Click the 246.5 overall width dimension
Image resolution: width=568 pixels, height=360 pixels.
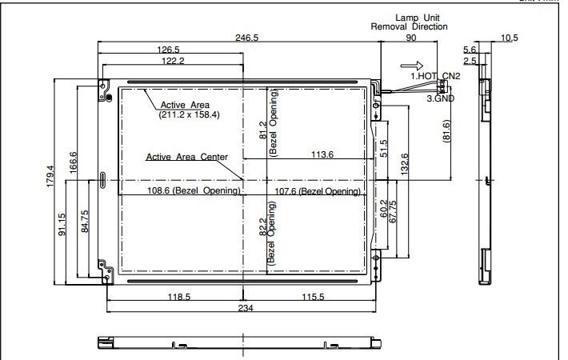coord(246,38)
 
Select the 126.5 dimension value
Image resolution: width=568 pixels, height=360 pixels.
coord(168,50)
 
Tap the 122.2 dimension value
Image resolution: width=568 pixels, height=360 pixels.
coord(173,61)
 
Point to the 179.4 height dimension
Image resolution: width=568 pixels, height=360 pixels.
coord(50,176)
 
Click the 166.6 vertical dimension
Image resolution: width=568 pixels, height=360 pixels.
coord(73,162)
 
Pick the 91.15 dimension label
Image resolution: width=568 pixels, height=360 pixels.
coord(62,225)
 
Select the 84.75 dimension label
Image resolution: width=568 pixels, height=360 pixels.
coord(85,222)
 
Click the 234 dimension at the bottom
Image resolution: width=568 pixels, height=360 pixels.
coord(246,308)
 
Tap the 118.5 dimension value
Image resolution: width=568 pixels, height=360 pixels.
coord(179,297)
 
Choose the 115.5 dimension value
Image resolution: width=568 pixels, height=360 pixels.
coord(313,297)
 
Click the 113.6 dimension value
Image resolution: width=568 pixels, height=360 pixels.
coord(322,154)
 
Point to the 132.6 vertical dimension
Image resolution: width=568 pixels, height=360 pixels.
coord(405,165)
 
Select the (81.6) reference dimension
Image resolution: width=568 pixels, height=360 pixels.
coord(446,131)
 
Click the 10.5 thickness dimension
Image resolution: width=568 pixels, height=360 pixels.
coord(510,38)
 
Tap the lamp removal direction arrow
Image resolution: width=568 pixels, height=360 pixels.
coord(412,66)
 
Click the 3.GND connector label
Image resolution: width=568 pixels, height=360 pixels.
coord(441,98)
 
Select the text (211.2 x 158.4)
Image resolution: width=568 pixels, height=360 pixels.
coord(189,115)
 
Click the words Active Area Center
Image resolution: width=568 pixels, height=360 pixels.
coord(187,157)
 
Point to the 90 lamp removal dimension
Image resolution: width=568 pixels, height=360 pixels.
coord(410,38)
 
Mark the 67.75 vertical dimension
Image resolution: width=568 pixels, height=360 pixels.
coord(393,212)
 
